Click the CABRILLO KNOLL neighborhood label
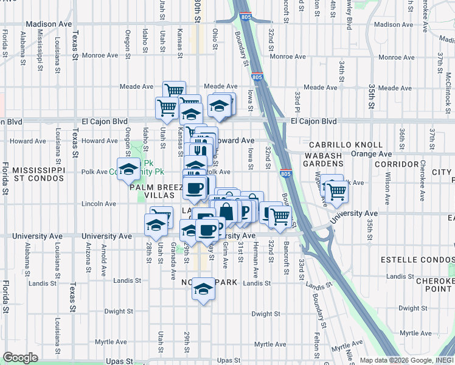tap(346, 145)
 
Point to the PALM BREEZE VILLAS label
tap(152, 192)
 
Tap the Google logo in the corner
tap(20, 358)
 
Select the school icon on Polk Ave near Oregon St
tap(129, 170)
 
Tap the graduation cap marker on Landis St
tap(204, 290)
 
